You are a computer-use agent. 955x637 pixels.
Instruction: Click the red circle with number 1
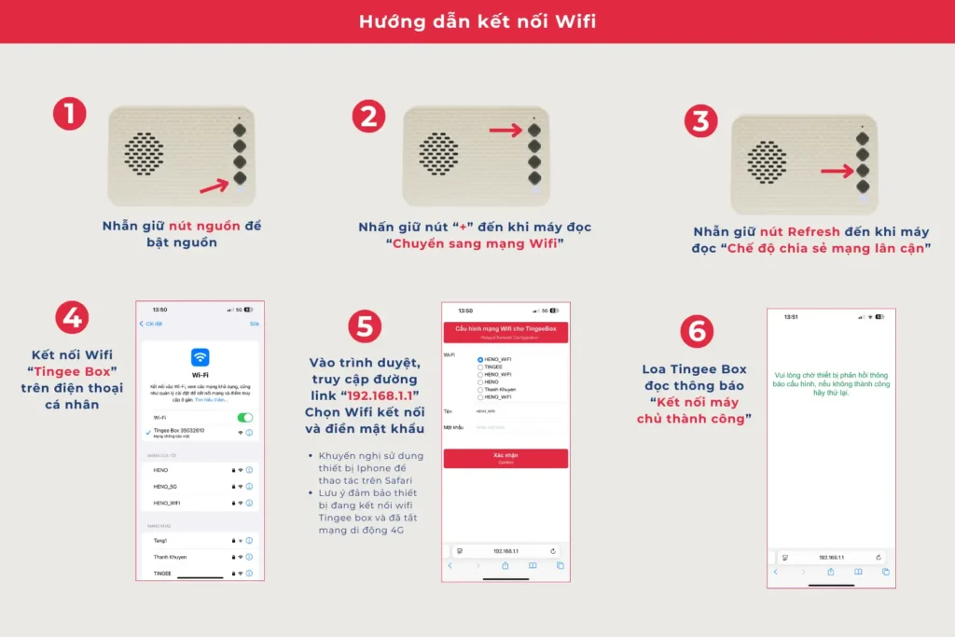pos(70,114)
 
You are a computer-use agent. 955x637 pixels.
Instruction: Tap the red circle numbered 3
pos(700,122)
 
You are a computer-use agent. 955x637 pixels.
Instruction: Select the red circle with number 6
pos(697,331)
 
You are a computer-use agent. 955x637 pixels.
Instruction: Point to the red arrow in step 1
pos(215,186)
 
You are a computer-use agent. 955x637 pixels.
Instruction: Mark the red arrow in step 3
pos(837,171)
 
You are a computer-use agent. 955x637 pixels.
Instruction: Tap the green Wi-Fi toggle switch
pos(245,417)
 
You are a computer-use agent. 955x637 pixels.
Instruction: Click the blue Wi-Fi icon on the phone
pos(200,357)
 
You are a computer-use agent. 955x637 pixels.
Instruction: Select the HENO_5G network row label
pos(165,486)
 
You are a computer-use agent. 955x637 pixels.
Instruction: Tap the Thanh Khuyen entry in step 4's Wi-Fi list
pos(170,557)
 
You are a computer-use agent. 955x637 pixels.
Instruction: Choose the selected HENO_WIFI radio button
pos(480,359)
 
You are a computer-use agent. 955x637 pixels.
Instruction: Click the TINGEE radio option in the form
pos(480,367)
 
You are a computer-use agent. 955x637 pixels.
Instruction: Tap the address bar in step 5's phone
pos(505,551)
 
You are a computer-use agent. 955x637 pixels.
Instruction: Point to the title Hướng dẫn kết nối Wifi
pos(477,21)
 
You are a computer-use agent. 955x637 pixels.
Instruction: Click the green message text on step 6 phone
pos(831,382)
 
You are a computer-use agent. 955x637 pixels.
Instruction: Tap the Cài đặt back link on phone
pos(151,324)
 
